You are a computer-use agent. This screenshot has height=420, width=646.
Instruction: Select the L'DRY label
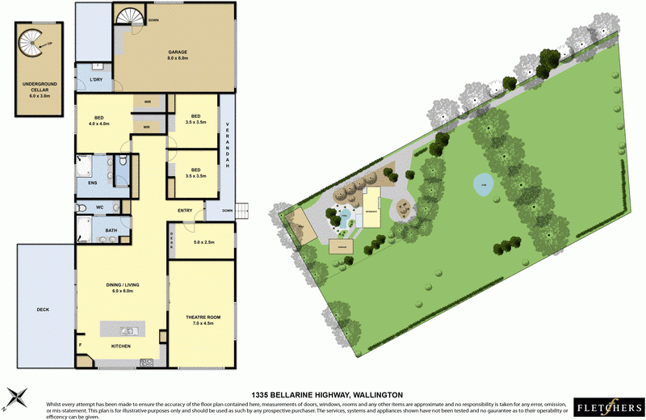click(x=95, y=80)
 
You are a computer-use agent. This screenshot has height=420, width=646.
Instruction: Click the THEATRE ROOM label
click(x=202, y=317)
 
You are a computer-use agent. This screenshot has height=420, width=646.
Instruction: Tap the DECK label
click(x=43, y=309)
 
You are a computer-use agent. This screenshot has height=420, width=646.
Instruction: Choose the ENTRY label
click(x=185, y=212)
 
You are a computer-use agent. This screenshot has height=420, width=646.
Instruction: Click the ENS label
click(x=92, y=183)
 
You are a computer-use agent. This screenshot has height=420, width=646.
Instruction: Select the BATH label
click(x=111, y=230)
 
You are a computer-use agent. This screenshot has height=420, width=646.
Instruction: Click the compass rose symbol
click(x=17, y=396)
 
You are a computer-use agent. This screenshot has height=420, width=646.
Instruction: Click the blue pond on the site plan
click(x=482, y=183)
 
